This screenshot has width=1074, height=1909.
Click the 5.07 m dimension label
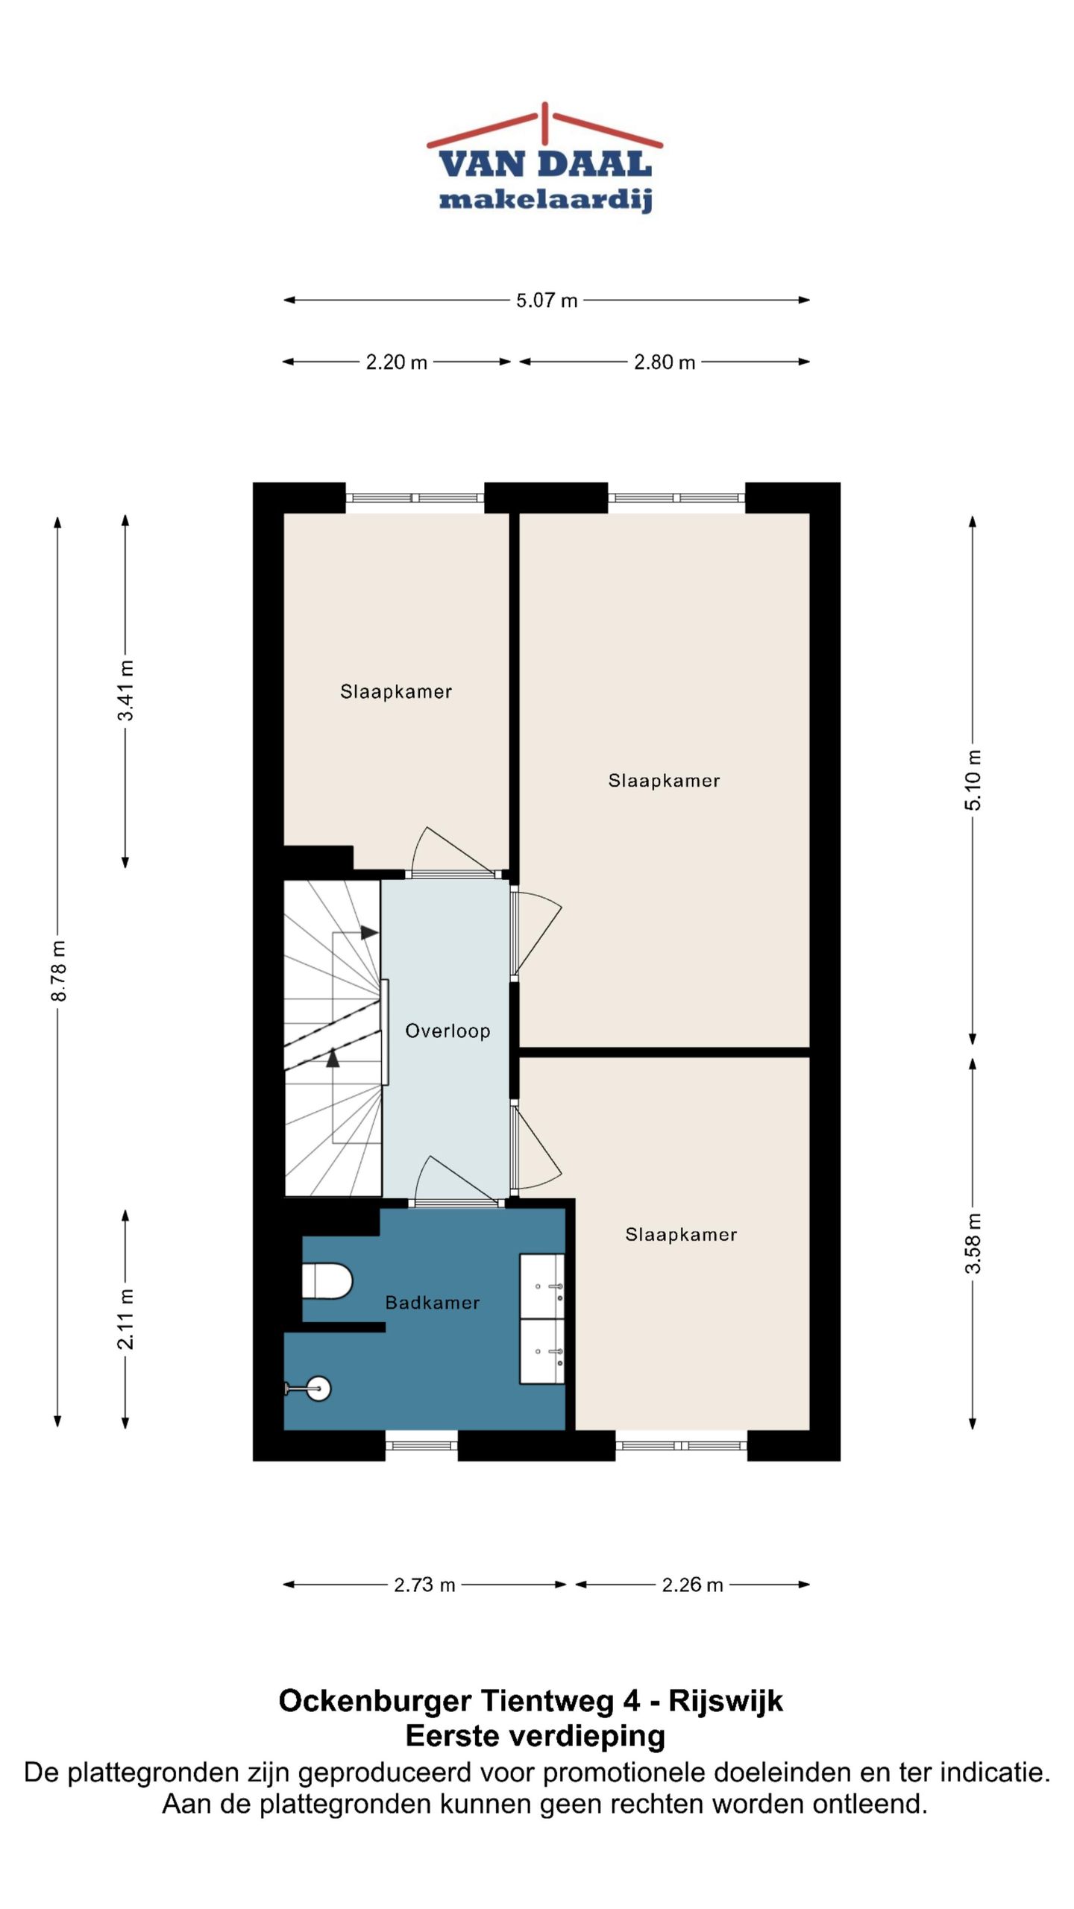coord(547,300)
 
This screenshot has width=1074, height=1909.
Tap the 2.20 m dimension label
coord(396,362)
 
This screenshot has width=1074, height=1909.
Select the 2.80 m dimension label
coord(665,362)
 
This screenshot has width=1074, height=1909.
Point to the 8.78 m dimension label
coord(58,970)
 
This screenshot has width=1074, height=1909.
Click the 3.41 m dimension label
coord(125,690)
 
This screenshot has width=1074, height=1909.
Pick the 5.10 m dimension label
coord(973,779)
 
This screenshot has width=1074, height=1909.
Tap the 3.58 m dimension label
coord(973,1243)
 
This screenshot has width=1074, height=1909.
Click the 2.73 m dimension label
coord(424,1584)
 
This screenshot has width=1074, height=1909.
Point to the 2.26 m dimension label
coord(692,1584)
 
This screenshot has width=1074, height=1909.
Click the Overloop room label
coord(447,1031)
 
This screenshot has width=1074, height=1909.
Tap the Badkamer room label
coord(433,1302)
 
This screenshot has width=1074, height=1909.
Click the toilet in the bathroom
coord(327,1280)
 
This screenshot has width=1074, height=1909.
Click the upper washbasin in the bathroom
coord(541,1286)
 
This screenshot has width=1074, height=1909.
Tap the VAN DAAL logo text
coord(545,164)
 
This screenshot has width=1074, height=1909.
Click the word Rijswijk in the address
coord(726,1701)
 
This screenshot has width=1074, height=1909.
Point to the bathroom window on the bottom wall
coord(421,1445)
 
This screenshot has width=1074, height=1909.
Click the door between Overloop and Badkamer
coord(456,1182)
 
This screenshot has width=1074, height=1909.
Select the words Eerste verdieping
coord(536,1736)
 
